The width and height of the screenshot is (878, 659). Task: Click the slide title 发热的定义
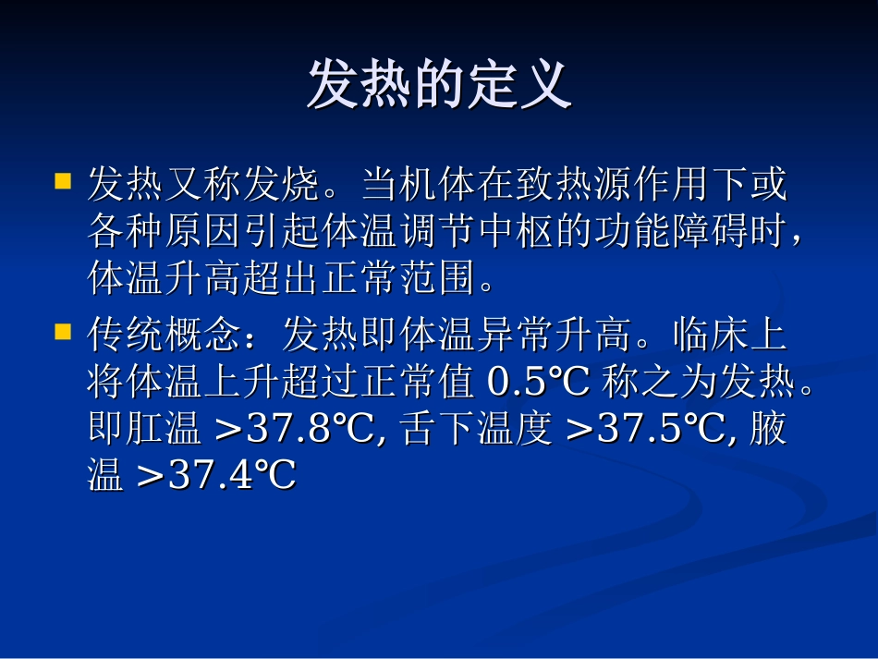(439, 86)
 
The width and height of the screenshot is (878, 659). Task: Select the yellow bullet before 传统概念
(63, 330)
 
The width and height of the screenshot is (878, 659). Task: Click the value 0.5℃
(538, 381)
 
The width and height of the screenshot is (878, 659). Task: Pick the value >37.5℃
(643, 429)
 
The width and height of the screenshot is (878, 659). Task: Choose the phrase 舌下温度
(478, 430)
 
